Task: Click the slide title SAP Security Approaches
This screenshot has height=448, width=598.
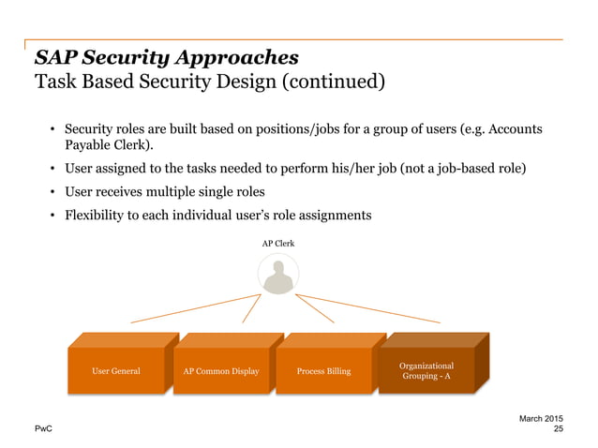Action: (x=166, y=56)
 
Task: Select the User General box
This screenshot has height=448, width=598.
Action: (x=116, y=371)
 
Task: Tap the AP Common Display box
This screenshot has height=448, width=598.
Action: (x=222, y=371)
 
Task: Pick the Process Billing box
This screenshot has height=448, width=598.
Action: (x=323, y=371)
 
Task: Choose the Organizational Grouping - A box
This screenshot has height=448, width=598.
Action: (x=426, y=370)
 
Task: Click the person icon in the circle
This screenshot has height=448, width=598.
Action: (x=277, y=277)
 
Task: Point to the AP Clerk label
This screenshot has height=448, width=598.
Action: (x=277, y=243)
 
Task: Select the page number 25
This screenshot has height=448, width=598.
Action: (x=559, y=428)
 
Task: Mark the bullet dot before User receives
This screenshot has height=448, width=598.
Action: (x=53, y=192)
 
